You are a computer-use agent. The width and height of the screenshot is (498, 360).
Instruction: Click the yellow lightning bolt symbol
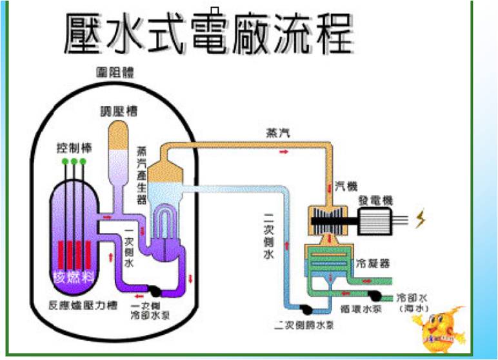[x=421, y=221]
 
